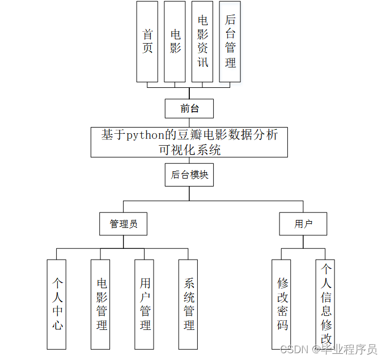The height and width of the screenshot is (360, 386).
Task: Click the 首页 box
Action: tap(147, 41)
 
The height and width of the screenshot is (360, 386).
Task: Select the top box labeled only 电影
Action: tap(175, 41)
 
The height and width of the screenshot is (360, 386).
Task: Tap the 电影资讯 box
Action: tap(202, 41)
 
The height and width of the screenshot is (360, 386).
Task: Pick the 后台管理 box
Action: tap(230, 41)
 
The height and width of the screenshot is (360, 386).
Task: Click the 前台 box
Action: tap(189, 108)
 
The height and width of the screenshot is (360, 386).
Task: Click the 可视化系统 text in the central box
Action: tap(189, 150)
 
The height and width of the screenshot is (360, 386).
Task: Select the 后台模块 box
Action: tap(189, 175)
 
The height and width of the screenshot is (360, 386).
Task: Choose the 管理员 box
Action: tap(124, 224)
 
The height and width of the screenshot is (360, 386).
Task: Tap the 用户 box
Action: tap(303, 224)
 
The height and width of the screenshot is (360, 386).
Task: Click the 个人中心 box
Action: tap(57, 304)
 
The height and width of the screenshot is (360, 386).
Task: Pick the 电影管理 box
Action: tap(101, 304)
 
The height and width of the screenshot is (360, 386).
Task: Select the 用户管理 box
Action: tap(145, 304)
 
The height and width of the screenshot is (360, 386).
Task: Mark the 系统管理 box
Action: tap(189, 304)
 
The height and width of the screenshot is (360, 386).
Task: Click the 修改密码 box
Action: tap(282, 304)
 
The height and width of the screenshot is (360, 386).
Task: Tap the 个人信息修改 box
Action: tap(326, 304)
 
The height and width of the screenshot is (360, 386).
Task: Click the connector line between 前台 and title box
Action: tap(189, 122)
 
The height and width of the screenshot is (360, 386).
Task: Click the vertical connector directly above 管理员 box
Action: tap(124, 207)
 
